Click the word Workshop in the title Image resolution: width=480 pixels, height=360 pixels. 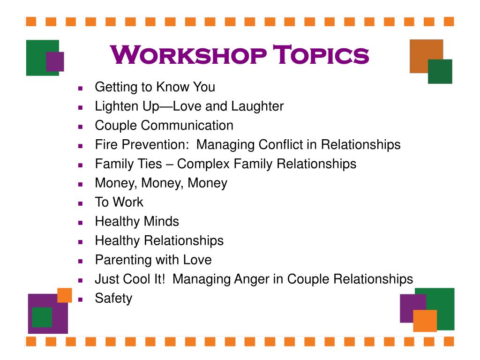[x=188, y=55]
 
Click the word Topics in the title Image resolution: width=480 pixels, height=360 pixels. [x=321, y=55]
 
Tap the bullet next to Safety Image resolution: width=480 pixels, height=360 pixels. [x=81, y=299]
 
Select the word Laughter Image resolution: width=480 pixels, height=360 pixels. [x=257, y=106]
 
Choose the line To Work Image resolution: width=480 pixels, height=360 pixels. [x=119, y=202]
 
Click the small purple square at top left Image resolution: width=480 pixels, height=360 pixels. [x=55, y=61]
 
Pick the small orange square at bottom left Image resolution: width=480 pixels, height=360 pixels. [x=64, y=295]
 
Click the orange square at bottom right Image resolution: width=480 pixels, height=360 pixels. [x=425, y=321]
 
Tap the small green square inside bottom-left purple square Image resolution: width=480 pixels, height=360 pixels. [x=42, y=317]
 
